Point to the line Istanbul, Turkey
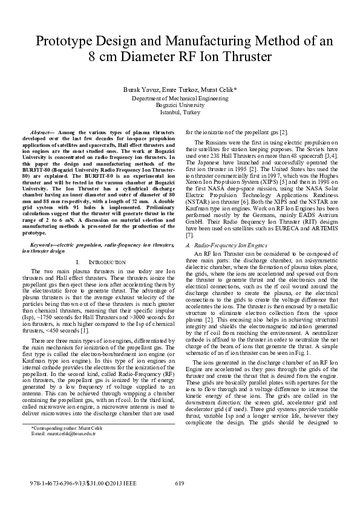coord(180,112)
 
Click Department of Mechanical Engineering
coord(180,97)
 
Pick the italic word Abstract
coord(41,131)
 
